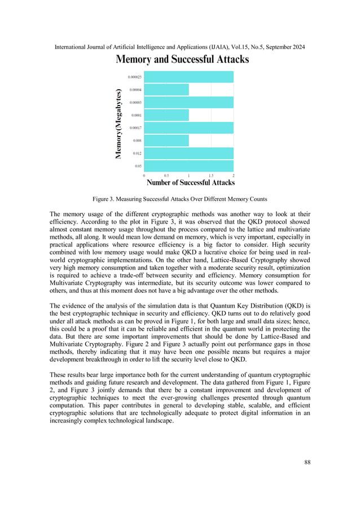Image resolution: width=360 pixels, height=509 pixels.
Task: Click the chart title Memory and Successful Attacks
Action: (182, 59)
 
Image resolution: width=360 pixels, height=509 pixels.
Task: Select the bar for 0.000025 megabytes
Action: (188, 77)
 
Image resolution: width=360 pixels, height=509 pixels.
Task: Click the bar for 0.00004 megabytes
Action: (166, 90)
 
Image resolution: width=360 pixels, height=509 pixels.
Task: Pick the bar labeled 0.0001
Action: (166, 115)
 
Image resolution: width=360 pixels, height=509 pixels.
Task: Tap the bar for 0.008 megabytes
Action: (166, 141)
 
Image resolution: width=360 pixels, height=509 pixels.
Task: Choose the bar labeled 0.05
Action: (188, 166)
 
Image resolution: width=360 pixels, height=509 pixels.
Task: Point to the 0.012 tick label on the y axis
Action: (137, 153)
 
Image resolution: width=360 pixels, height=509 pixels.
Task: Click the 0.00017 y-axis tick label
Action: (135, 128)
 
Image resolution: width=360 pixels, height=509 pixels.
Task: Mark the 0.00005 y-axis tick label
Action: (135, 103)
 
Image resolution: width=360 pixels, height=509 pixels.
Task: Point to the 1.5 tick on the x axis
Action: (211, 176)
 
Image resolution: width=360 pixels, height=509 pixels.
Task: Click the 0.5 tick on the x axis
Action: (166, 176)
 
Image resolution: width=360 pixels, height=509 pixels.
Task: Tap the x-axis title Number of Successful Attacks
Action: (190, 183)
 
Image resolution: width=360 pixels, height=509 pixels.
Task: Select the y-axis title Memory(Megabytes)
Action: (119, 122)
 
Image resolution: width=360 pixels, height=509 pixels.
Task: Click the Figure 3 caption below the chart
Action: (179, 199)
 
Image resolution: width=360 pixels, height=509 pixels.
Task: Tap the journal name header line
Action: (179, 47)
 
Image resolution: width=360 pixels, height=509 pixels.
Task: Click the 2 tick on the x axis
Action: (233, 176)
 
